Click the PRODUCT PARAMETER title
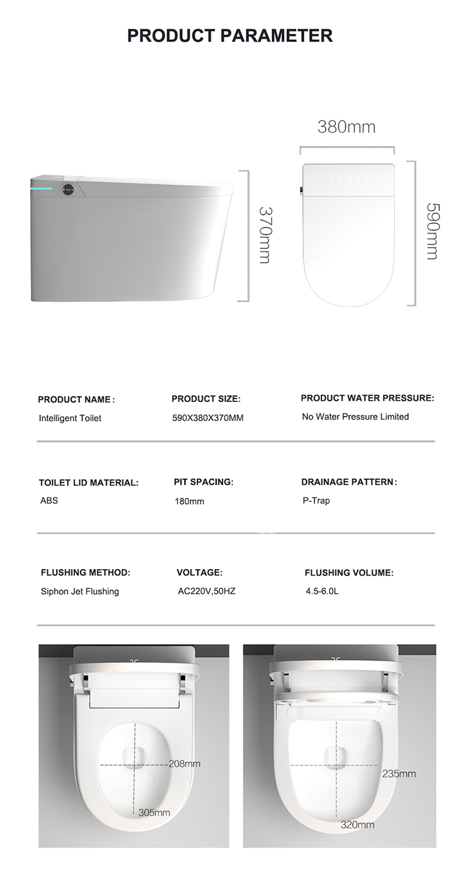230,36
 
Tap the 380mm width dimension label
346,127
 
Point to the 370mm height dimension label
264,235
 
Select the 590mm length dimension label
433,231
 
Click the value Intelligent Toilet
70,418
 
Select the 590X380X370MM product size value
208,418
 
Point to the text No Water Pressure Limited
355,417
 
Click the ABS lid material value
49,500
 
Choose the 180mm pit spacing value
189,501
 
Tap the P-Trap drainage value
316,500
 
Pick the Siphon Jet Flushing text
80,591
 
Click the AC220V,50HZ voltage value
207,591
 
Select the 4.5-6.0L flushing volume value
322,591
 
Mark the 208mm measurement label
185,764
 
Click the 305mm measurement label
154,812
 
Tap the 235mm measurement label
399,774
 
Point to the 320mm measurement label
358,824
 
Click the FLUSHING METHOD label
85,573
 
